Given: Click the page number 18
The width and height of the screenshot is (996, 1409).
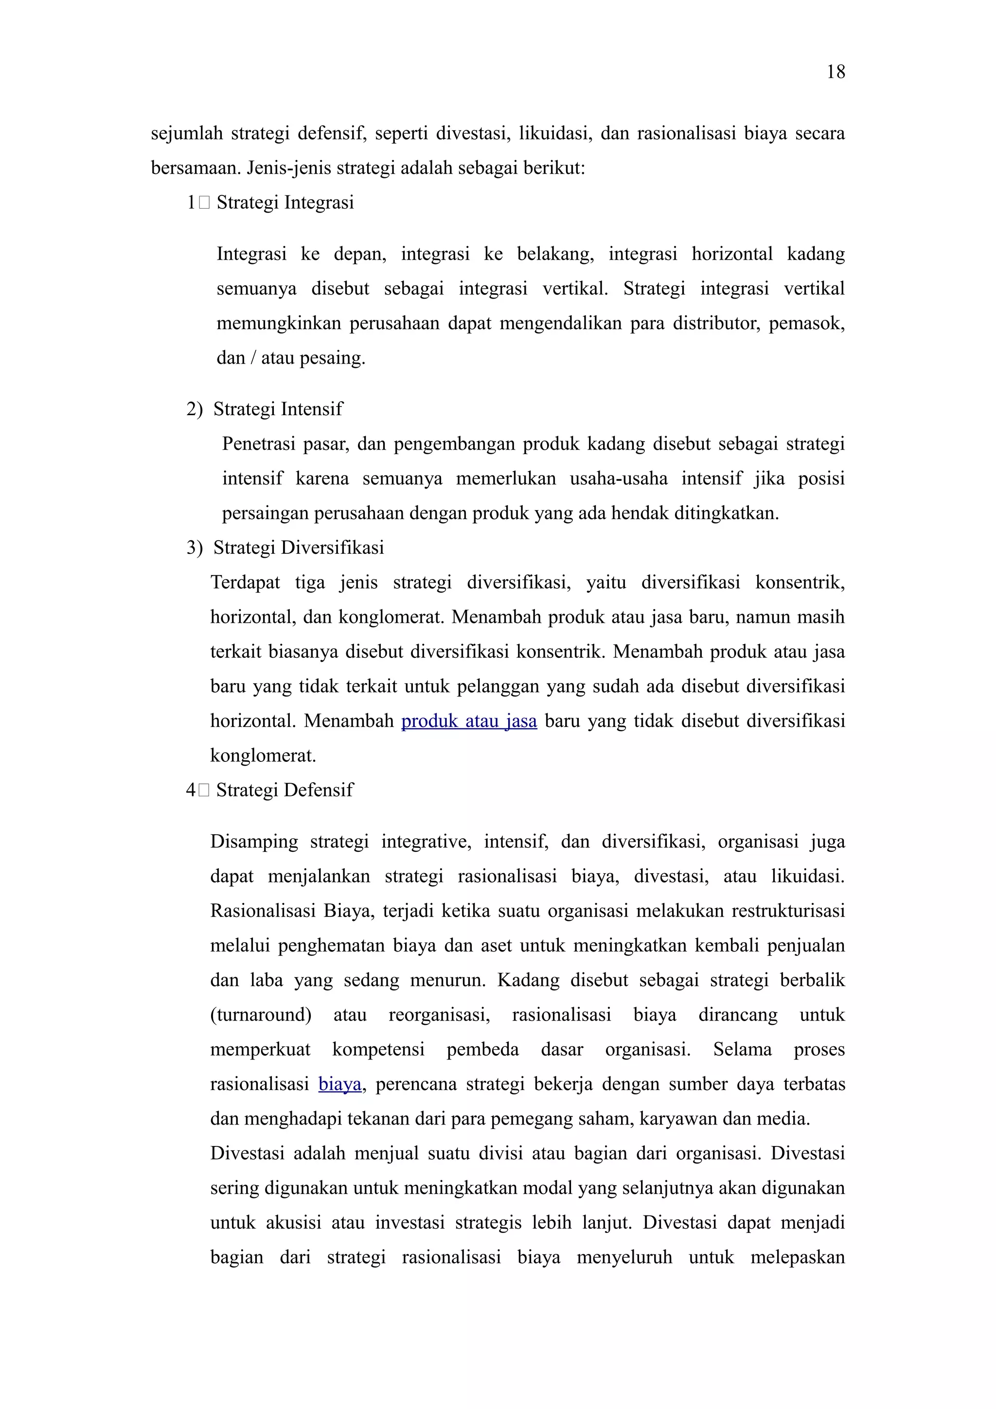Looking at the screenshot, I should point(835,72).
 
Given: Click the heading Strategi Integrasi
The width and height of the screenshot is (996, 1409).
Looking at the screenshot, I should point(285,203).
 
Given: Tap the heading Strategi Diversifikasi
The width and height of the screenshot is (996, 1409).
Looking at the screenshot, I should point(298,547).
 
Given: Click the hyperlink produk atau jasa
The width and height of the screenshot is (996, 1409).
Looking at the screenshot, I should point(469,721).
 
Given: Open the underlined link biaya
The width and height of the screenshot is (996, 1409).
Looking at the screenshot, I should point(339,1084).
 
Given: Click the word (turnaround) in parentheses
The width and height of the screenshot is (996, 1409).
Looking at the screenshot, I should point(261,1015).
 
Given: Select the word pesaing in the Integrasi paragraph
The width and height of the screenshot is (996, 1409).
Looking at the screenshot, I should point(340,358).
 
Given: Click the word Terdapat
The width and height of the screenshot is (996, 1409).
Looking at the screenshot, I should point(245,582).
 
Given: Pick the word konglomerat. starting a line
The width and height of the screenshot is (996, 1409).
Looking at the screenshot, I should point(263,756).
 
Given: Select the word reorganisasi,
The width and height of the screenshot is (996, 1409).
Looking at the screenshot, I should point(439,1015).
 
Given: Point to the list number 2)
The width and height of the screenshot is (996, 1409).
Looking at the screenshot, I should point(194,409).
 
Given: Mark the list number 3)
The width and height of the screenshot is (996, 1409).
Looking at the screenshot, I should point(194,548).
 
